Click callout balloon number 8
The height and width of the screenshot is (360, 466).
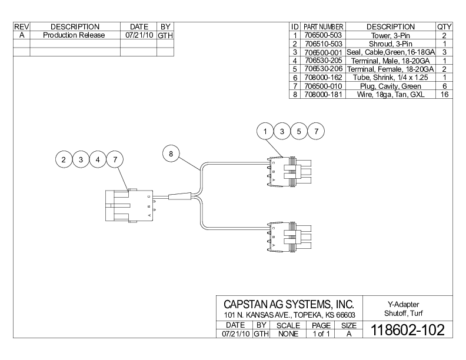[171, 154]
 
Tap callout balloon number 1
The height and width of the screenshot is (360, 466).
[267, 131]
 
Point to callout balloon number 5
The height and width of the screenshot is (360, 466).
[299, 131]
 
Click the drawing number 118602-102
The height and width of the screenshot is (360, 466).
[407, 329]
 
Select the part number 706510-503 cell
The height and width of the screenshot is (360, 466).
[323, 44]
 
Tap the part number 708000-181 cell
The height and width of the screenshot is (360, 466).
[323, 94]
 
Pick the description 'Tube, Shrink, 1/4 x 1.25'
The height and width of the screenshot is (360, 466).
[390, 77]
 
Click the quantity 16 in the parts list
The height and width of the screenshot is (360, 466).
[444, 94]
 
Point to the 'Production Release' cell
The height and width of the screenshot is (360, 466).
[74, 35]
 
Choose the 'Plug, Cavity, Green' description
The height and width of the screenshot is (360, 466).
[390, 85]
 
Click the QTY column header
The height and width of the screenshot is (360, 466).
[444, 26]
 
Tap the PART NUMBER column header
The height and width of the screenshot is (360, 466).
[323, 26]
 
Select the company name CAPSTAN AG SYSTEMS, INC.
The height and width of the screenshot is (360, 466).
[289, 304]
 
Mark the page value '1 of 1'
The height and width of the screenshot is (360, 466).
[321, 334]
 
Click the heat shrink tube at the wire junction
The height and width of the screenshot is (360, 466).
[179, 196]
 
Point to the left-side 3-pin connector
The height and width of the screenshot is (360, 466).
[127, 205]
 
